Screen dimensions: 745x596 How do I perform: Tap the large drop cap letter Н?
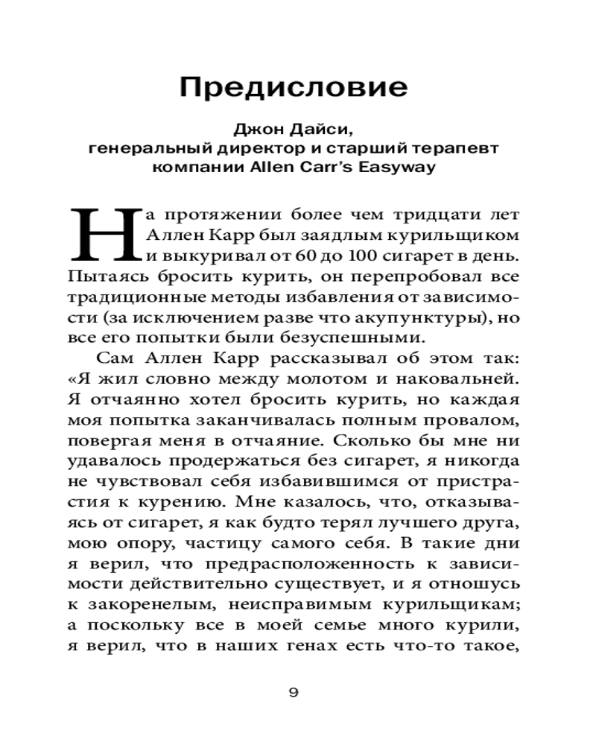pyautogui.click(x=106, y=235)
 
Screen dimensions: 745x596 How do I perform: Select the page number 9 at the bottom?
pyautogui.click(x=294, y=693)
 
